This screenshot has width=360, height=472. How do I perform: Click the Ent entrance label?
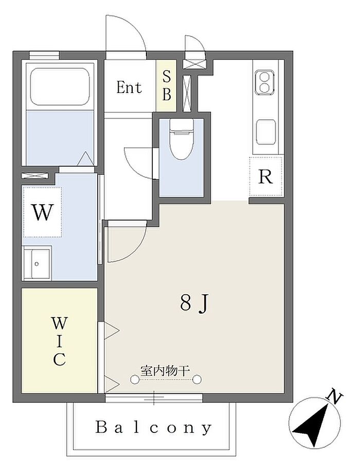[129, 87]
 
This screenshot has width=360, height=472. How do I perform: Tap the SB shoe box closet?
[166, 85]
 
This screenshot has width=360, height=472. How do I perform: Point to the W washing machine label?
[43, 212]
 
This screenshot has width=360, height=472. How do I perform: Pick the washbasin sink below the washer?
[38, 263]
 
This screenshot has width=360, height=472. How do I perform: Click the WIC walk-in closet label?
[60, 341]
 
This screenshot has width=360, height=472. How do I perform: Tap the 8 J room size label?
[194, 303]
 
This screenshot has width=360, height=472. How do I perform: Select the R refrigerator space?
[266, 177]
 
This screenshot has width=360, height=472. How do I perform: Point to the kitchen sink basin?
[266, 132]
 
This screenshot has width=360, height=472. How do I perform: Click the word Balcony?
[153, 427]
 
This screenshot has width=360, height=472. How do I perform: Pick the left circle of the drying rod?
[135, 379]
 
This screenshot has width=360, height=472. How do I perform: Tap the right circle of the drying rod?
[197, 379]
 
